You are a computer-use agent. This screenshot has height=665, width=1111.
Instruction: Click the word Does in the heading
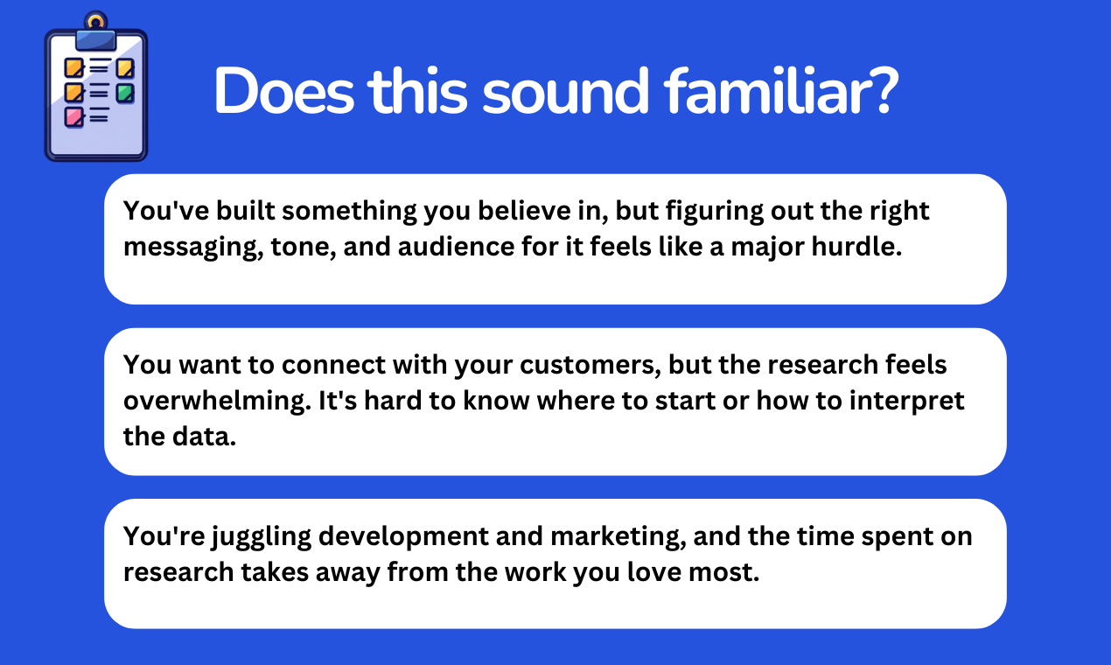(x=283, y=91)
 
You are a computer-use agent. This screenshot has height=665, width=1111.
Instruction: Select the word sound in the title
(x=565, y=91)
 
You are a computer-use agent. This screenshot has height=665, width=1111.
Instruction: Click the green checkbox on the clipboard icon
(x=125, y=93)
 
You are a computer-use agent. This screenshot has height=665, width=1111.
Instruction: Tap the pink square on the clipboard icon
(x=73, y=117)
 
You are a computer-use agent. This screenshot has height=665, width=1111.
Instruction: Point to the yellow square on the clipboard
(x=125, y=68)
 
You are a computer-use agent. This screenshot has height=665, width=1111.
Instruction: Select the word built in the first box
(x=245, y=210)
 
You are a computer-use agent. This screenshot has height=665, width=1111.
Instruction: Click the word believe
(x=524, y=210)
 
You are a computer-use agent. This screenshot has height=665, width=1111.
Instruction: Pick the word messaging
(x=193, y=247)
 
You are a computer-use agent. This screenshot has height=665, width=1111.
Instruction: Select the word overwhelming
(x=217, y=401)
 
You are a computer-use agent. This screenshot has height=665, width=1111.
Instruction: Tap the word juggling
(x=262, y=537)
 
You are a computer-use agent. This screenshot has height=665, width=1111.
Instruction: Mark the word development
(x=404, y=537)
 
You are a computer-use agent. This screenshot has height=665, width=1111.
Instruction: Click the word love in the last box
(x=654, y=571)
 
